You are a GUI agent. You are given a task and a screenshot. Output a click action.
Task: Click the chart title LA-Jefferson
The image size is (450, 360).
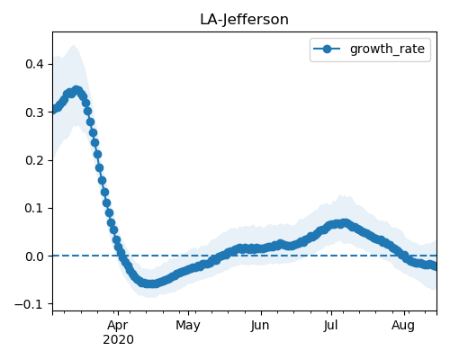[244, 20]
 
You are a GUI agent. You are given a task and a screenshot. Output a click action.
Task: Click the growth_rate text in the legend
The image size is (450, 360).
[387, 49]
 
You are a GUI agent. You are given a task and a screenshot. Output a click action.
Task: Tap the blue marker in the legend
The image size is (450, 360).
[327, 49]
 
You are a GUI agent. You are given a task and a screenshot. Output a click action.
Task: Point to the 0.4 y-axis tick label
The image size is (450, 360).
[35, 64]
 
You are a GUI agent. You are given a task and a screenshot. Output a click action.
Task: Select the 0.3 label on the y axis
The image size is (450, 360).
[35, 112]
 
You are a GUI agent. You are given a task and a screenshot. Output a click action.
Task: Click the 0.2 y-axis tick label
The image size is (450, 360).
[35, 160]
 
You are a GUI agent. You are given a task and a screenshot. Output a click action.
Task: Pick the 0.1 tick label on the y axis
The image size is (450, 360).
[35, 208]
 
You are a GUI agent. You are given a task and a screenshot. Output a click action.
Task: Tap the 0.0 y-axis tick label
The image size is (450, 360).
[35, 256]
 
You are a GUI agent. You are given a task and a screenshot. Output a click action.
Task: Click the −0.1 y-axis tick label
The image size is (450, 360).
[30, 304]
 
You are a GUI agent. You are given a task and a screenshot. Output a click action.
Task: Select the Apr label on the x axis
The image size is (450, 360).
[118, 326]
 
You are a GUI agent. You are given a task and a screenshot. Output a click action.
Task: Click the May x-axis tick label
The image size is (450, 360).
[188, 326]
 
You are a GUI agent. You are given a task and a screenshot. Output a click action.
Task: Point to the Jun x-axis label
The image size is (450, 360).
[260, 326]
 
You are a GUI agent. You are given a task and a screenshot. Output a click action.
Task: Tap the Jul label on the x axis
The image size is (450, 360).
[331, 326]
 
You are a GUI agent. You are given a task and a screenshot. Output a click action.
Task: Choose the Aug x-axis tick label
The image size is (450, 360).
[403, 326]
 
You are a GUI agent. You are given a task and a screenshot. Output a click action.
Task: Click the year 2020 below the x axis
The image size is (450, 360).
[118, 340]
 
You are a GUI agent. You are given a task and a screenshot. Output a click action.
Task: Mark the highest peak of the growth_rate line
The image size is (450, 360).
[76, 90]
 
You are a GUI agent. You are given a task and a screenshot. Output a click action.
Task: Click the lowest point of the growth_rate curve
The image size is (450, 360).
[151, 283]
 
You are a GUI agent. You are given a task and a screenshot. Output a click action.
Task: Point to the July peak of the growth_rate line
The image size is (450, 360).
[345, 223]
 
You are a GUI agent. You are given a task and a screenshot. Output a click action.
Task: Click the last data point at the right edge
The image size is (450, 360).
[435, 266]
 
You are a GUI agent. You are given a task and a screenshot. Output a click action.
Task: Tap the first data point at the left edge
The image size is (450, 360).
[54, 110]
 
